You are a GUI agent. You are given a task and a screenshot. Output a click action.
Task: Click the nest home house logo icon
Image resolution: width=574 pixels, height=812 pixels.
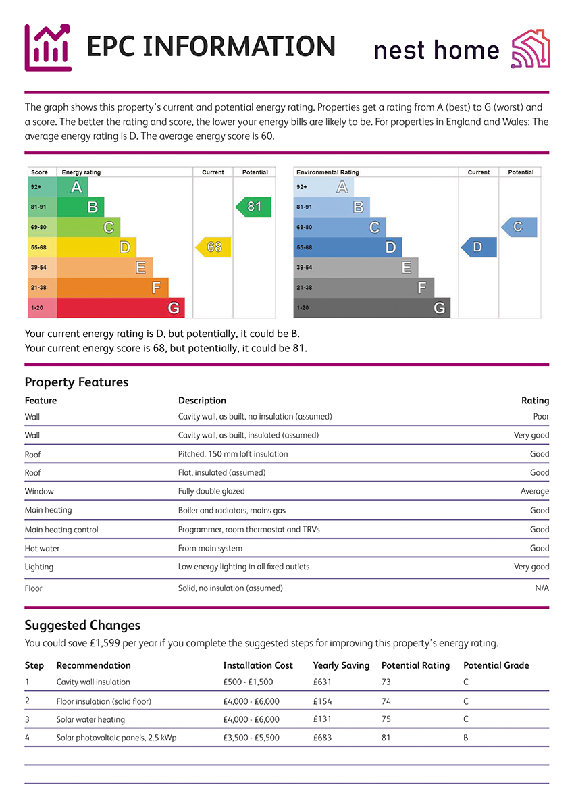531,49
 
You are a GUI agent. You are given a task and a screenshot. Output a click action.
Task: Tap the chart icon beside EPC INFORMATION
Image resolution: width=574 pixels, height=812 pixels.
48,47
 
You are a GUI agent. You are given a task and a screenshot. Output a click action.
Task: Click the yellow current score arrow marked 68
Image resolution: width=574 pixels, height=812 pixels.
213,247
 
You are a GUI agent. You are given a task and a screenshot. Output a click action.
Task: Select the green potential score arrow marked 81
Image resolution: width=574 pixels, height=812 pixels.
254,207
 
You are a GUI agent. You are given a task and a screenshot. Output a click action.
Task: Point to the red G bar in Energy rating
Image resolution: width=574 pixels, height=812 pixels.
120,308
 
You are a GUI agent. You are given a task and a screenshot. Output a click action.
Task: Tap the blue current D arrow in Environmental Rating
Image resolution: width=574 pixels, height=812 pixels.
478,247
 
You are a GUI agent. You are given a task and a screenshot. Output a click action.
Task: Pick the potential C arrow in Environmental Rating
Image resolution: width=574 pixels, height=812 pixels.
519,227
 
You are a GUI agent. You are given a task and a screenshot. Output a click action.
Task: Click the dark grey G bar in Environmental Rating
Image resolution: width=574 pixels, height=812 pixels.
371,308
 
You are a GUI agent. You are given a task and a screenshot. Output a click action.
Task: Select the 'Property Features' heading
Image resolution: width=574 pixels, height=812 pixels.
76,382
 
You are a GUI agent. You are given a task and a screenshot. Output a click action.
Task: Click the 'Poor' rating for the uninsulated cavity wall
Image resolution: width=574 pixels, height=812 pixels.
541,417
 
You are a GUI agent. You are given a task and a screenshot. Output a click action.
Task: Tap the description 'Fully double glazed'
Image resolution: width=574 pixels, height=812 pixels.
211,492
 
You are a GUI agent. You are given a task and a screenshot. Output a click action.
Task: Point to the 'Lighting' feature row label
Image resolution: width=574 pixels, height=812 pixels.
39,567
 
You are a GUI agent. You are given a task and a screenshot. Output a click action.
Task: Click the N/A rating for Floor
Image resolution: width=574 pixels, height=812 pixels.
542,588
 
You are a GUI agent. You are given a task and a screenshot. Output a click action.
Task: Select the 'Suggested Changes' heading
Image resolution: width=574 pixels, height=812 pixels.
82,625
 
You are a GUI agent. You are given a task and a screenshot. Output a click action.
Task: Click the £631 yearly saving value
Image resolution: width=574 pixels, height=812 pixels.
323,682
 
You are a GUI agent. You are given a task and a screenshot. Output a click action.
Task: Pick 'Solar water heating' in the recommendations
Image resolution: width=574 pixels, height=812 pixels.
90,719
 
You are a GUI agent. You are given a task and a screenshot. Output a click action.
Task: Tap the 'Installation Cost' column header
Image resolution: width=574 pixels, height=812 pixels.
258,665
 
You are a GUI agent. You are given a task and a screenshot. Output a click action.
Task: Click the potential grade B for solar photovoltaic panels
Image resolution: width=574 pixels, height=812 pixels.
466,738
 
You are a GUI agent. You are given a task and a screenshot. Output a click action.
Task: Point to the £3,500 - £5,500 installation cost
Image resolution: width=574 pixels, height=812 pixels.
251,738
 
